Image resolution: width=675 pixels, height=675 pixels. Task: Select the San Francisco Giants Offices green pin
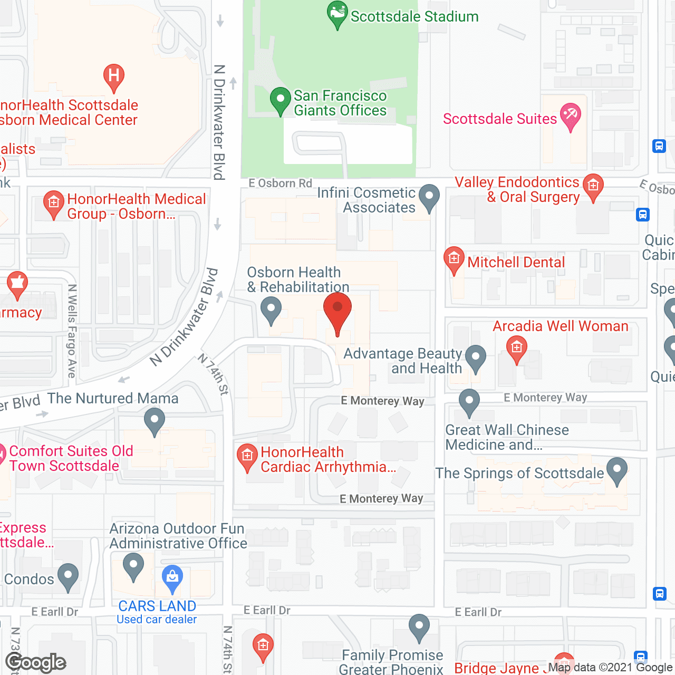(x=281, y=100)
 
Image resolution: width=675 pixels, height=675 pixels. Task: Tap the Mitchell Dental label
(x=516, y=262)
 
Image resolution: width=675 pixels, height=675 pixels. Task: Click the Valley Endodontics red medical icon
(x=593, y=187)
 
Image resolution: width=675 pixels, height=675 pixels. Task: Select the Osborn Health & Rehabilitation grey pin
(x=271, y=310)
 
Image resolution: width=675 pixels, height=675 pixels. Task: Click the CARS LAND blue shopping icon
(x=172, y=578)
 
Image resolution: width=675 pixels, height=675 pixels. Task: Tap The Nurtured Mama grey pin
(x=155, y=422)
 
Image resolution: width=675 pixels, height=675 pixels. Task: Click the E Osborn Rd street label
(x=281, y=183)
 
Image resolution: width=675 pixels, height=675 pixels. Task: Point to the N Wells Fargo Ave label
(x=72, y=331)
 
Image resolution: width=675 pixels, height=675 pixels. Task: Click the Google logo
(x=36, y=662)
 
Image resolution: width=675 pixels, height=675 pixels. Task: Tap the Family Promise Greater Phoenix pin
(x=419, y=627)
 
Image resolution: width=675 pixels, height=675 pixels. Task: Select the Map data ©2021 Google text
(x=610, y=667)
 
